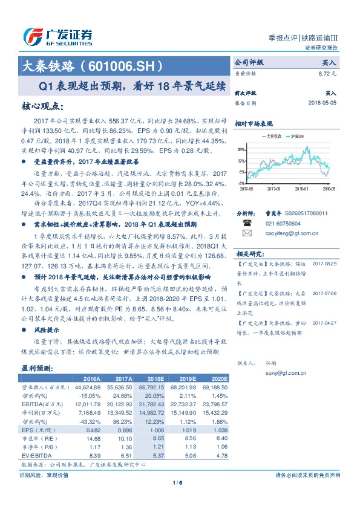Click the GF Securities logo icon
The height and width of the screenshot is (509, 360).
[32, 37]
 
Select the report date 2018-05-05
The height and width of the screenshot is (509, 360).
[322, 103]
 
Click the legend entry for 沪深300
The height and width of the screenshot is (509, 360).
[299, 137]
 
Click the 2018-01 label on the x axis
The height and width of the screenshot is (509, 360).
[302, 189]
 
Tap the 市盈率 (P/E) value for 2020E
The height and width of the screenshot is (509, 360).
[220, 437]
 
